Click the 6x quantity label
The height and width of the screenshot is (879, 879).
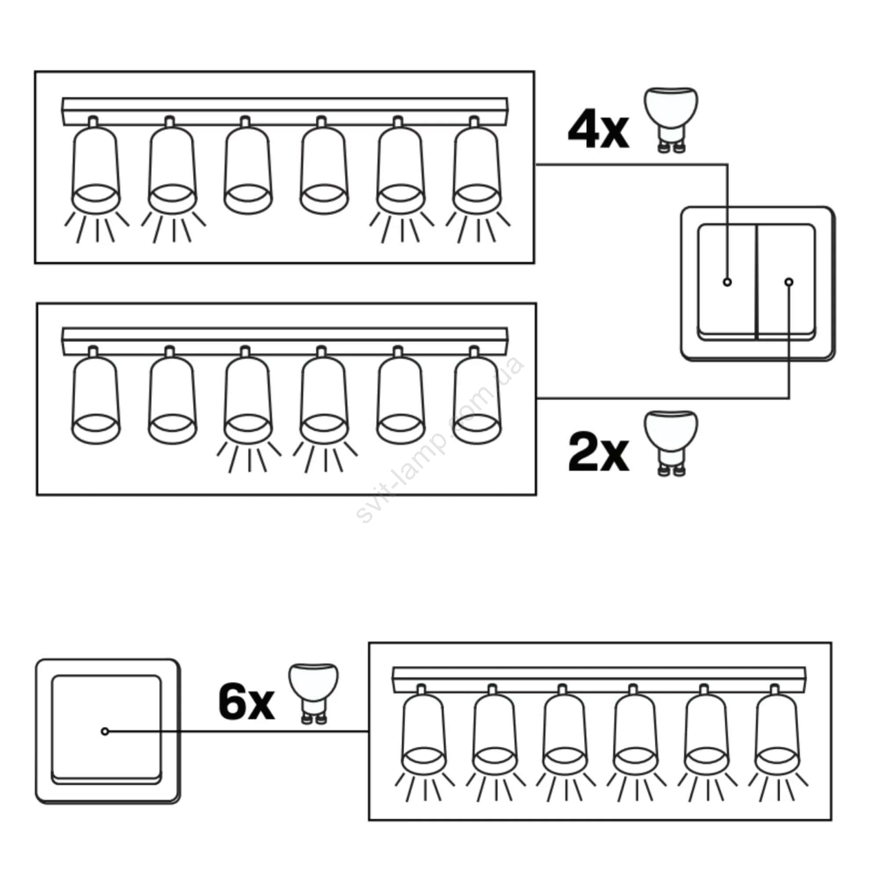tap(246, 702)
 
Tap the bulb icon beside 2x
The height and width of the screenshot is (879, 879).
tap(670, 442)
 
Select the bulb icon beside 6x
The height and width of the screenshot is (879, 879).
tap(314, 693)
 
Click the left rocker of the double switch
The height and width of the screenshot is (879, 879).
tap(727, 281)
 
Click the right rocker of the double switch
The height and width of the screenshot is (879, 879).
tap(787, 281)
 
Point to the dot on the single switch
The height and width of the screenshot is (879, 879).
tap(105, 731)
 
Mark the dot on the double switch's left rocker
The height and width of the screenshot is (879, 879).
tap(727, 282)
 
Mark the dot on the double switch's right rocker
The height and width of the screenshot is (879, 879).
tap(789, 282)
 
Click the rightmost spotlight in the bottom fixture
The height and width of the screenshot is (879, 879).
tap(776, 731)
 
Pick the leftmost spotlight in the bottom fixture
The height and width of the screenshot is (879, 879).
tap(424, 731)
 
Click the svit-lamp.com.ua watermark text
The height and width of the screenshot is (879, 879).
tap(439, 439)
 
